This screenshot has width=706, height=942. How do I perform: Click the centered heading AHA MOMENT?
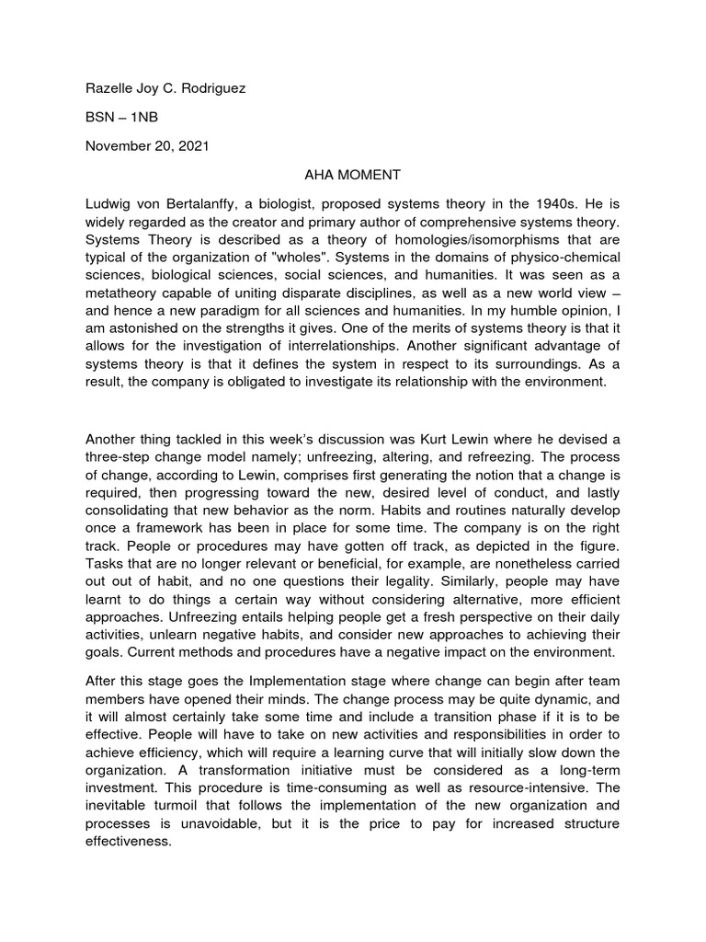coord(352,173)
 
